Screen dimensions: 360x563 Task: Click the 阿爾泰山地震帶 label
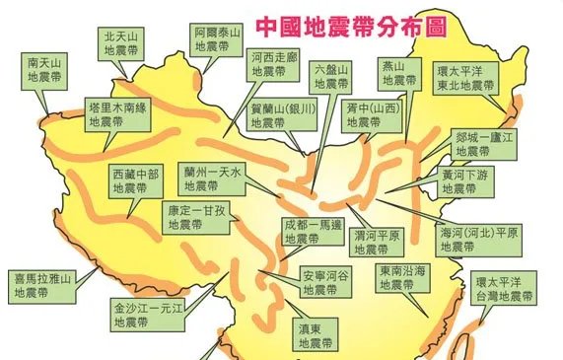click(217, 37)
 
